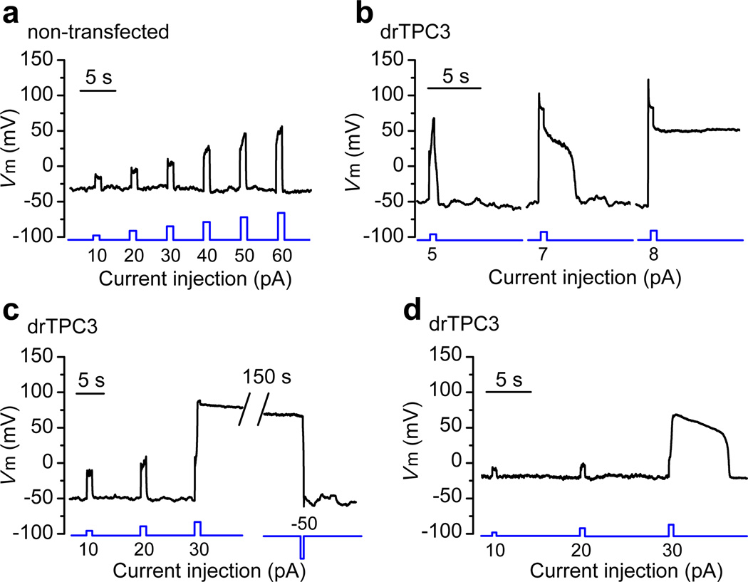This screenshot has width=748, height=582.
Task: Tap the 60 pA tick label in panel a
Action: [280, 256]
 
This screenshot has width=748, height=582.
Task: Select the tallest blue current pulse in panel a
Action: [281, 225]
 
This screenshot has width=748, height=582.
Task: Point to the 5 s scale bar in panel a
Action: [98, 90]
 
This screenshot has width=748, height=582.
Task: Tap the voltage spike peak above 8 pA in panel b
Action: [648, 80]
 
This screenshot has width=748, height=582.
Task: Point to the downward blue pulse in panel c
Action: [302, 547]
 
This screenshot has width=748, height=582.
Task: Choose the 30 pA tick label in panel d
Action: [670, 553]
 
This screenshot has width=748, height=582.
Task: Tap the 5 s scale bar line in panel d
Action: [509, 391]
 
